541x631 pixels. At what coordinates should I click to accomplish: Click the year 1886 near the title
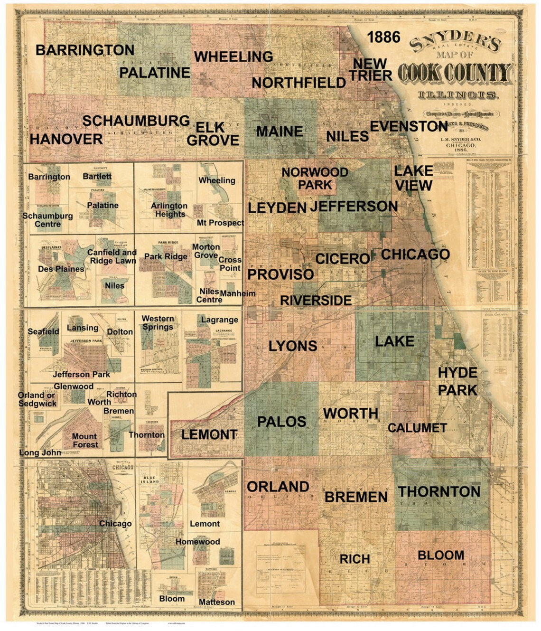(383, 37)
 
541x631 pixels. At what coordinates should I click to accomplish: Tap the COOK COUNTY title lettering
(454, 73)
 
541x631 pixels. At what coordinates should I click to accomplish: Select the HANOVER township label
(66, 139)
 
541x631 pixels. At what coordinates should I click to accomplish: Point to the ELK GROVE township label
(213, 134)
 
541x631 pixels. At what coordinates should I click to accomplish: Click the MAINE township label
(280, 132)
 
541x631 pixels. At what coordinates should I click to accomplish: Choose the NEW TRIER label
(370, 70)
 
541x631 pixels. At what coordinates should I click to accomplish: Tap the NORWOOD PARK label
(315, 178)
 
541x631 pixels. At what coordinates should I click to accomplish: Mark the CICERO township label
(342, 259)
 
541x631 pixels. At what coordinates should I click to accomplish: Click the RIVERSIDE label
(316, 301)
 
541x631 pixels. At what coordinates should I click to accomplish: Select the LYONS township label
(293, 346)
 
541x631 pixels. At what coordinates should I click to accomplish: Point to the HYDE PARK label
(457, 381)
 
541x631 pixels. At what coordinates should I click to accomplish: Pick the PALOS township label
(281, 422)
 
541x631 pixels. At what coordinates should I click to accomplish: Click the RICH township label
(354, 559)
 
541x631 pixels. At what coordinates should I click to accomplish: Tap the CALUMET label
(417, 428)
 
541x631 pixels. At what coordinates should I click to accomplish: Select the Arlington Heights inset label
(169, 210)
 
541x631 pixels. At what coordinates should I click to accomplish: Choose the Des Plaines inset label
(61, 269)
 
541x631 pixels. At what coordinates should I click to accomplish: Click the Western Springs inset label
(158, 323)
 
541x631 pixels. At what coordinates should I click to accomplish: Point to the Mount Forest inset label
(85, 441)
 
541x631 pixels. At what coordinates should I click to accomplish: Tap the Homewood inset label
(197, 542)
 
